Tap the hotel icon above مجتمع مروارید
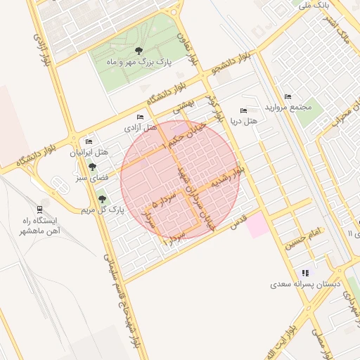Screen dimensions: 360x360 pyautogui.click(x=288, y=97)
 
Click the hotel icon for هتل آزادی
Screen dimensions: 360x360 pyautogui.click(x=141, y=117)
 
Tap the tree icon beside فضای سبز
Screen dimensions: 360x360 pyautogui.click(x=92, y=167)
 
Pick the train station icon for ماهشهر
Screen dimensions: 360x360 pyautogui.click(x=39, y=209)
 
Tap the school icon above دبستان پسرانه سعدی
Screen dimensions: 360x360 pyautogui.click(x=305, y=273)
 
